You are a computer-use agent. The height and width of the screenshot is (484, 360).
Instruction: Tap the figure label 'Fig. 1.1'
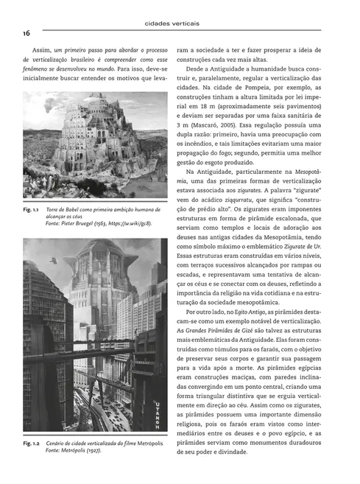point(33,210)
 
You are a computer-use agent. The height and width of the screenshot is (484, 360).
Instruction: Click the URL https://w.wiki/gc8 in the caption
point(132,222)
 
